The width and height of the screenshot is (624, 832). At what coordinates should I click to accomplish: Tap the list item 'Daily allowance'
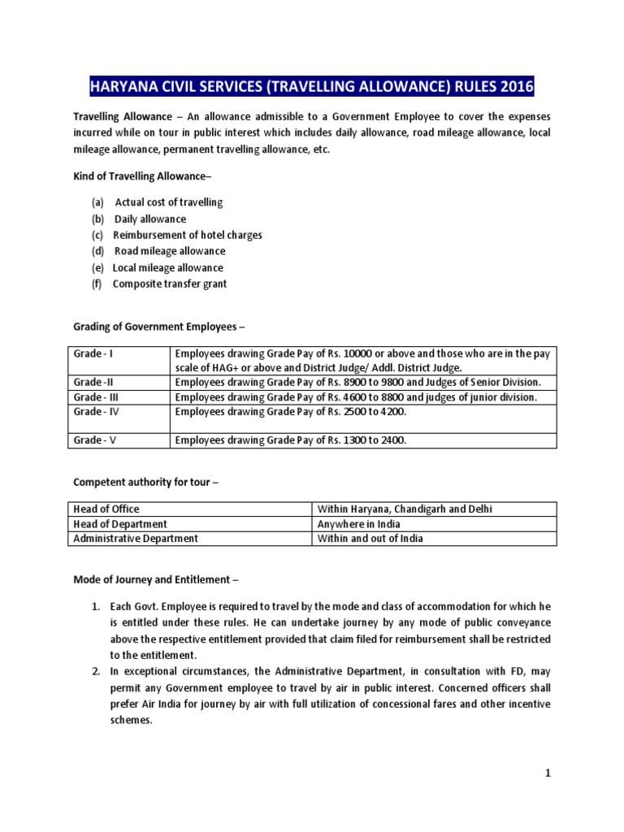coord(150,219)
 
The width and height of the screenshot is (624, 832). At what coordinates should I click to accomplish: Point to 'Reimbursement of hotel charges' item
coord(187,235)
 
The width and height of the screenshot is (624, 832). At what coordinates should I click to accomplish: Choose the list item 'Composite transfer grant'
coord(170,284)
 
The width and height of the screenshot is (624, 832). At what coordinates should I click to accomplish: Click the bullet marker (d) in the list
coord(98,251)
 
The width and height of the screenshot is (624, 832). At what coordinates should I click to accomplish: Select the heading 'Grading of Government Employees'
coord(158,327)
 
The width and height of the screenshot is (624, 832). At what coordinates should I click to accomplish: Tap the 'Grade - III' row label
coord(96,396)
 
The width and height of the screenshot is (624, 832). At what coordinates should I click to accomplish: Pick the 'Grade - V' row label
coord(93,440)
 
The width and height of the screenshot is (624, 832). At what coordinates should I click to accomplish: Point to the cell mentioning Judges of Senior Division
coord(357,382)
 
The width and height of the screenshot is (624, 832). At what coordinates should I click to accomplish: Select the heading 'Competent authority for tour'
coord(146,483)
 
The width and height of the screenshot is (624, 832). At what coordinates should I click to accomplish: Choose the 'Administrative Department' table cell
coord(136,538)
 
